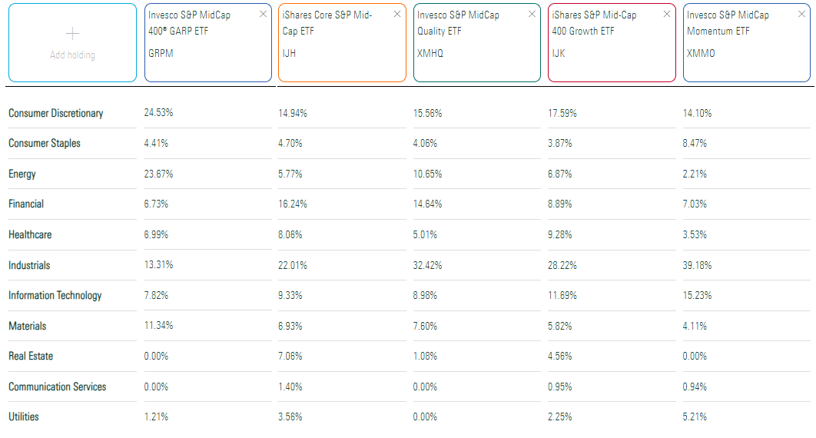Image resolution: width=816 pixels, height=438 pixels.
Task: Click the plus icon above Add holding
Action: tap(73, 34)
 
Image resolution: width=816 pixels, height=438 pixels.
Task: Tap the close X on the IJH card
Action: tap(397, 15)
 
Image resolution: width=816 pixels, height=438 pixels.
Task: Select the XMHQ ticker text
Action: tap(430, 54)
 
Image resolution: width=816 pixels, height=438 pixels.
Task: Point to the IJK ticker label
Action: tap(559, 54)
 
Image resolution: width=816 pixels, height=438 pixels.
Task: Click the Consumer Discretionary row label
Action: tap(55, 114)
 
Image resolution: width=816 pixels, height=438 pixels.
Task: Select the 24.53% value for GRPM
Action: tap(158, 114)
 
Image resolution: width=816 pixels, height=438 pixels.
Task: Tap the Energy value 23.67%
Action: tap(158, 174)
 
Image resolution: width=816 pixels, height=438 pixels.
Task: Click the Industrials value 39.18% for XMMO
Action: tap(697, 266)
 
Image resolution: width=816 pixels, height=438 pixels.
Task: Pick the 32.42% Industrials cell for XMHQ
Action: tap(427, 266)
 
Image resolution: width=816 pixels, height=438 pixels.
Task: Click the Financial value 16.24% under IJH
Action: tap(293, 204)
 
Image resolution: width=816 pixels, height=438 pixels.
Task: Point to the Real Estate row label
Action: tap(31, 357)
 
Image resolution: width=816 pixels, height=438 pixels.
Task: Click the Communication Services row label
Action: tap(57, 387)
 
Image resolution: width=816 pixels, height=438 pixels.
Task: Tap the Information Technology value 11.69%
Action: tap(562, 296)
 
